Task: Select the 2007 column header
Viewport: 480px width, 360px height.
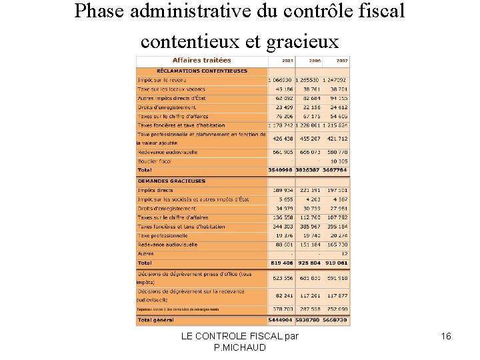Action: click(342, 61)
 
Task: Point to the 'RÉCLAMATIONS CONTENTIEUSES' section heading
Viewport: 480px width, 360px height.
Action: click(202, 71)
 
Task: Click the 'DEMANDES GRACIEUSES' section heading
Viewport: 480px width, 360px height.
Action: click(172, 181)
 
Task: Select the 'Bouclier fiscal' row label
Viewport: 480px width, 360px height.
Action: click(155, 161)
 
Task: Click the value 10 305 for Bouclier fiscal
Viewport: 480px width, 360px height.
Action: click(337, 161)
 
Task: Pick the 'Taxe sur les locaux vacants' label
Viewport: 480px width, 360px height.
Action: click(171, 89)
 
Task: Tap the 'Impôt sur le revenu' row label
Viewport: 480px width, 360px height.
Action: click(162, 80)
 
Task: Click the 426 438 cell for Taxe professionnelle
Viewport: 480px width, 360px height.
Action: click(282, 139)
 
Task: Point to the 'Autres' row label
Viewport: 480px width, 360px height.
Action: click(146, 253)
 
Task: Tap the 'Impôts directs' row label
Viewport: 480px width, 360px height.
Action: click(155, 190)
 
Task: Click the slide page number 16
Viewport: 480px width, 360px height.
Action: click(446, 337)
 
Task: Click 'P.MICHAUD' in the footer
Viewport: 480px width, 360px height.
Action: click(239, 348)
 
